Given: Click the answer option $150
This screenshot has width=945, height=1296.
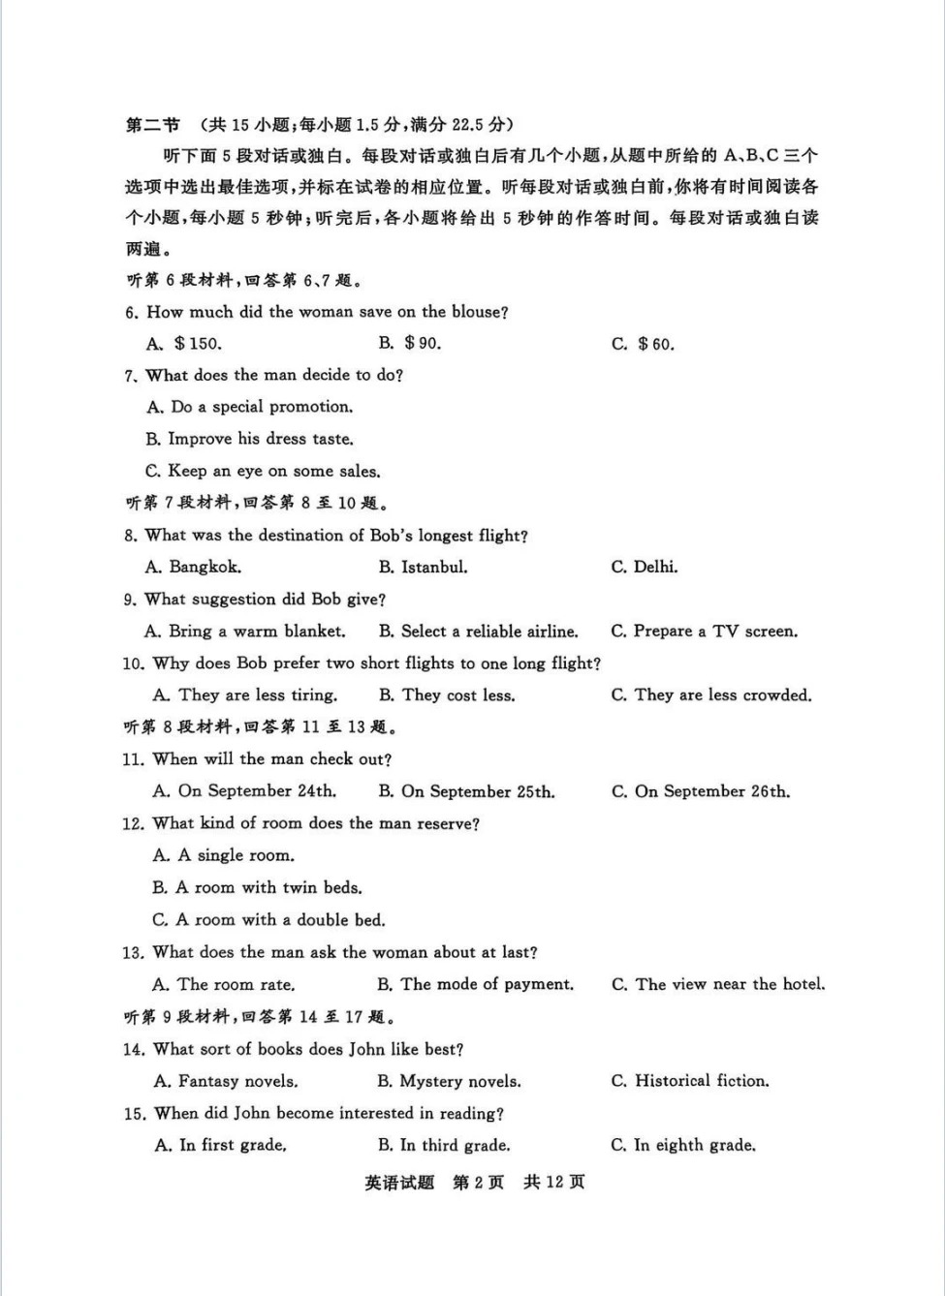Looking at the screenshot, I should [x=184, y=343].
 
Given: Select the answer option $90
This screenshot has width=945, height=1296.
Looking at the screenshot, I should [x=411, y=343].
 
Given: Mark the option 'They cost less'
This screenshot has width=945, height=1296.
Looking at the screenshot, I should [x=447, y=695].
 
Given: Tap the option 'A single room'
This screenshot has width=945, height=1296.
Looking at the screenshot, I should [x=224, y=855].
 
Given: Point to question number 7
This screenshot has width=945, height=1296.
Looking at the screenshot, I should [x=131, y=376].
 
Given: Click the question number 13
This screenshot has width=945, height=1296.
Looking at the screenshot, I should [x=133, y=953].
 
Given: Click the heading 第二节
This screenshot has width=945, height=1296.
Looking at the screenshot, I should [x=153, y=125].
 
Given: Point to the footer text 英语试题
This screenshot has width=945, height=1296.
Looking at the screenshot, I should [x=399, y=1183].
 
